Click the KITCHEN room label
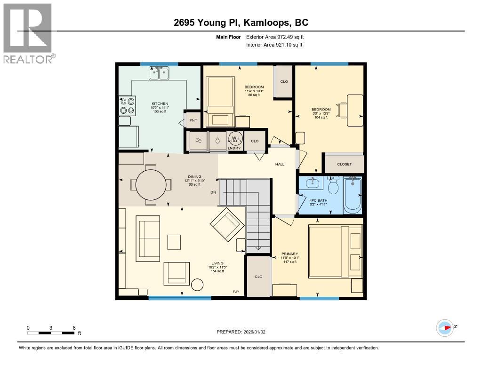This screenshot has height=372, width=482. pos(160,103)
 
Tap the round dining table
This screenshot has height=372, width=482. pos(151,185)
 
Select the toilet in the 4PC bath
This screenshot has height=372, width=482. pos(333,187)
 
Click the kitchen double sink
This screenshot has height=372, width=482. pos(159,73)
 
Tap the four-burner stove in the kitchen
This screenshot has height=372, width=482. pos(126,105)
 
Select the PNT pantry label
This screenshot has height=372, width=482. pos(193,120)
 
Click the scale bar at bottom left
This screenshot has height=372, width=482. pos(51,332)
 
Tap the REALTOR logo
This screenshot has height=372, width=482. pos(28,33)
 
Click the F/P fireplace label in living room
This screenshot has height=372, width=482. pos(236,292)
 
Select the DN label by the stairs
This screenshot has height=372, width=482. pos(213,192)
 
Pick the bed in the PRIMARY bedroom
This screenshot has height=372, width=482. pos(335,253)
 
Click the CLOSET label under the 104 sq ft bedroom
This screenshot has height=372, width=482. pos(344,164)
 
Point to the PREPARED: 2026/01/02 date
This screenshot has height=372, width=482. pos(241,332)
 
